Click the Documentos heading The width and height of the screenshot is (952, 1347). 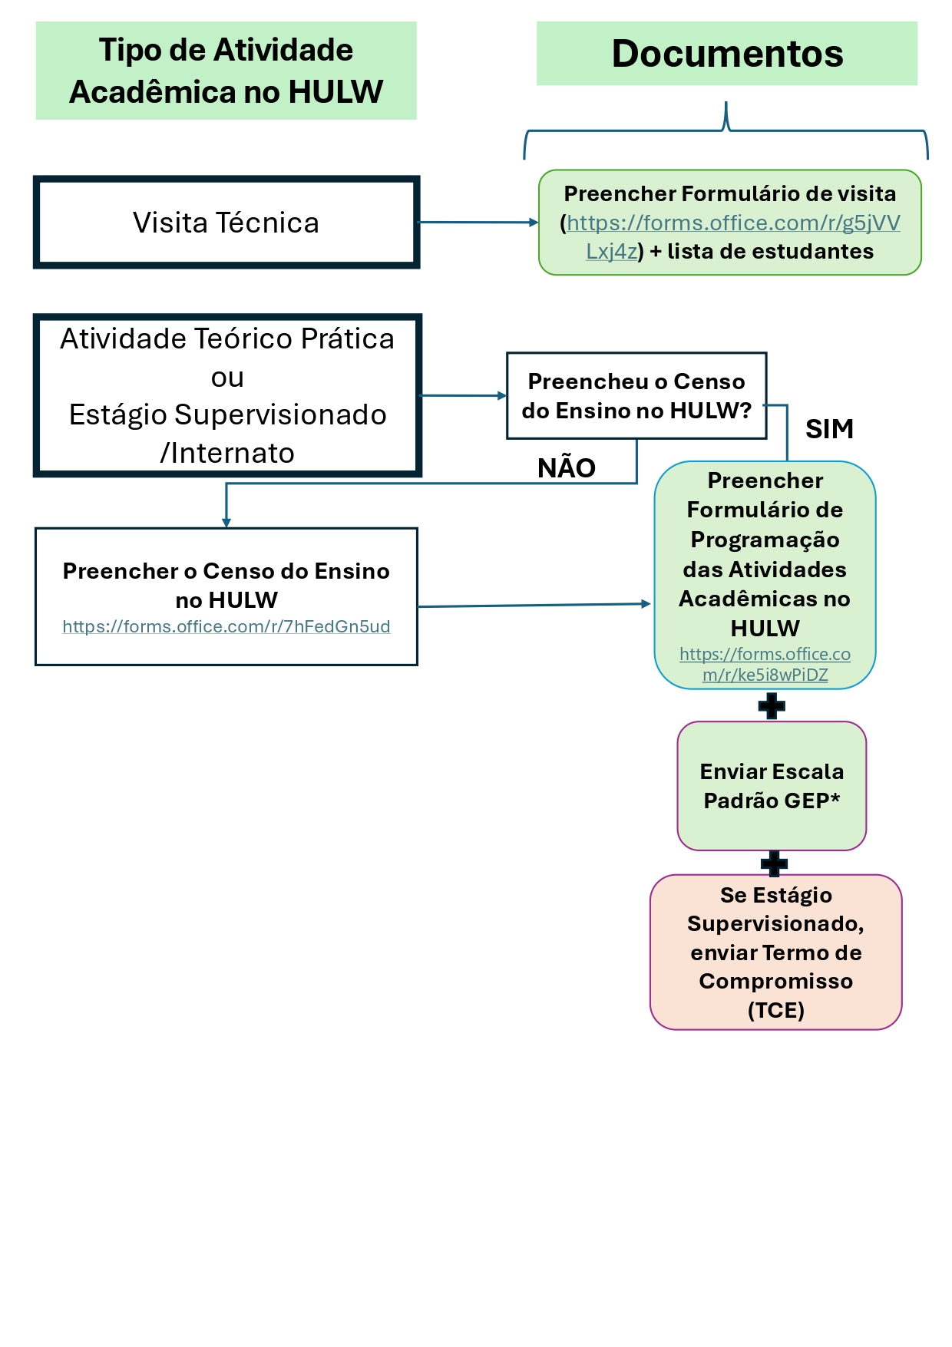726,54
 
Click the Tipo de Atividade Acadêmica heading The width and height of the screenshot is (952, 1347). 226,71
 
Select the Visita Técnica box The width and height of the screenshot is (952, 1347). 226,223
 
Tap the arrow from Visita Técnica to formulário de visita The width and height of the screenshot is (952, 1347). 478,223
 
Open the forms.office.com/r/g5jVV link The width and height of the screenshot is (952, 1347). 732,223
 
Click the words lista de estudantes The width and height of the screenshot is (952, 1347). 770,252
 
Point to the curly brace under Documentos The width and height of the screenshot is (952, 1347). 726,130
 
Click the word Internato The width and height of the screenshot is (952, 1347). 232,454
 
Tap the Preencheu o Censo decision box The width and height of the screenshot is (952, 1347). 636,396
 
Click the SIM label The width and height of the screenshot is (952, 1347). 829,429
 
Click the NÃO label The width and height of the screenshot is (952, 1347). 566,468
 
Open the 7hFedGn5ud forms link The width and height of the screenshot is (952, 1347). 226,627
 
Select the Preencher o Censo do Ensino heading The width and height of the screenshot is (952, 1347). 226,585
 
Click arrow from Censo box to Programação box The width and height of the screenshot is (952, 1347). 534,606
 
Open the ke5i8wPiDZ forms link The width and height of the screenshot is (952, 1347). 765,665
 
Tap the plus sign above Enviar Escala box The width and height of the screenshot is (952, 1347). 771,705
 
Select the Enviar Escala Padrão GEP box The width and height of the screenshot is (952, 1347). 772,786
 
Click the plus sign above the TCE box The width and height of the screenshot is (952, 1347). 774,863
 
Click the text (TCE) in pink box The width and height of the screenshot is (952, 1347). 775,1010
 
